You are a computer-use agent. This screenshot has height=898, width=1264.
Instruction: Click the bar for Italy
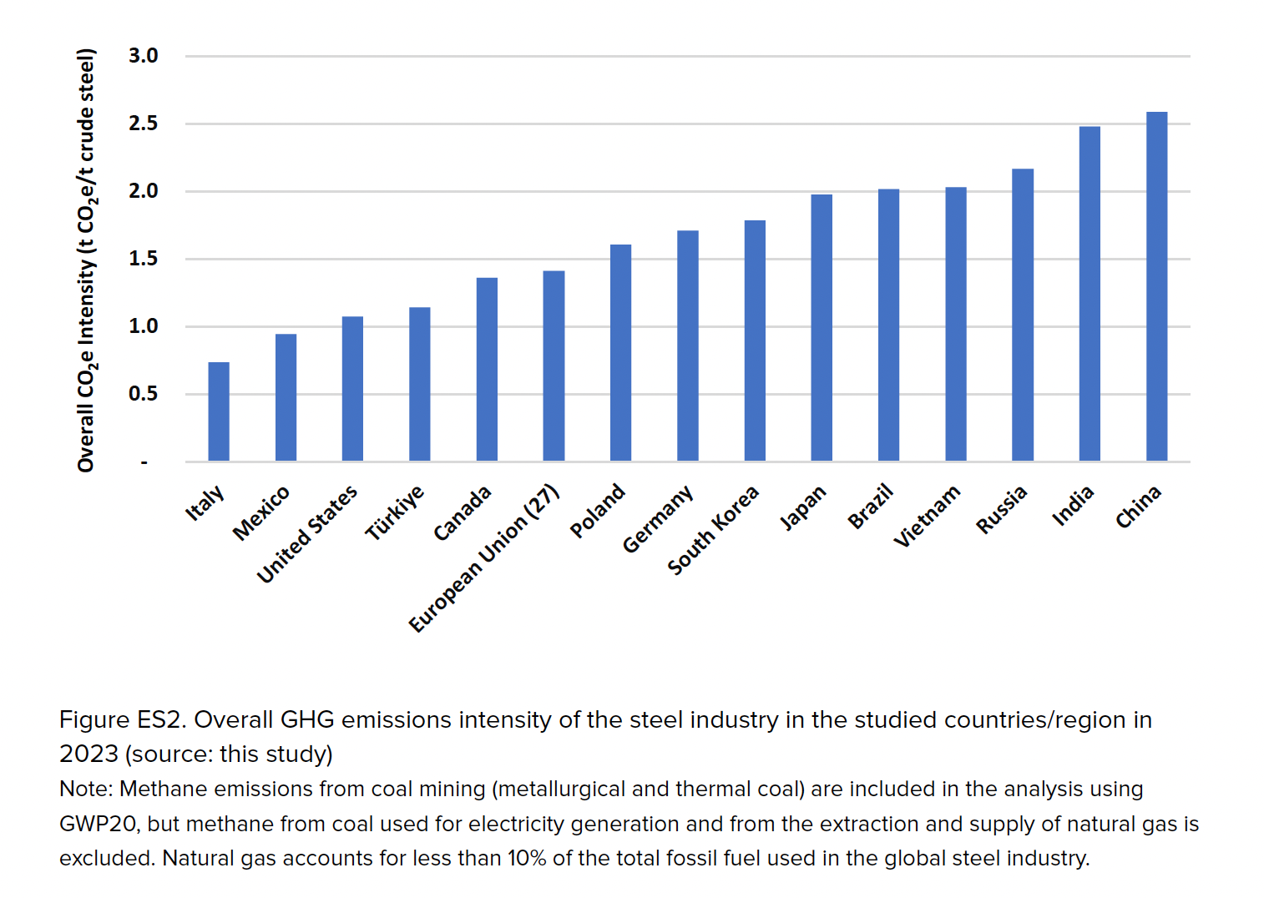coord(219,411)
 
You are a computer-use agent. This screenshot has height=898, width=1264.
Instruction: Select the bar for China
coord(1156,286)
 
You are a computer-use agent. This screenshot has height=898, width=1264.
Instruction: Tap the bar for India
coord(1090,294)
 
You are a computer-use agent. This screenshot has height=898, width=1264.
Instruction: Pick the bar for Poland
coord(620,353)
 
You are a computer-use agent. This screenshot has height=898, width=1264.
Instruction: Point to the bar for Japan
coord(822,328)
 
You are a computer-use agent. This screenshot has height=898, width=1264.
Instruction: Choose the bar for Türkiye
coord(420,384)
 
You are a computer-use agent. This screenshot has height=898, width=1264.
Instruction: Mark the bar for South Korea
coord(755,341)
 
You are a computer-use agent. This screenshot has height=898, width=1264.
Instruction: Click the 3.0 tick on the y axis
coord(143,56)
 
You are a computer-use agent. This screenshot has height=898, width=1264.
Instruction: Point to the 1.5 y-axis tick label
coord(143,259)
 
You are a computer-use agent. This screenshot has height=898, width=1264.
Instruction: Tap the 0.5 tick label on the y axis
coord(143,394)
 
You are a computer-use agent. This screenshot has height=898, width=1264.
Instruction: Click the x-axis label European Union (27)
coord(484,558)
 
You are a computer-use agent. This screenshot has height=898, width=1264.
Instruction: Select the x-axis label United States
coord(307,534)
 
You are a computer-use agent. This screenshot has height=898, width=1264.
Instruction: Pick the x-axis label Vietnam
coord(927,516)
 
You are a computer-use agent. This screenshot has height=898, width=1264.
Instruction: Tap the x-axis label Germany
coord(658,519)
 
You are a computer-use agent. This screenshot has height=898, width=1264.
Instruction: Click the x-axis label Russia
coord(1001,510)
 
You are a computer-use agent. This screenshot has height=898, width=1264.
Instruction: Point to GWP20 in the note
coord(98,824)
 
